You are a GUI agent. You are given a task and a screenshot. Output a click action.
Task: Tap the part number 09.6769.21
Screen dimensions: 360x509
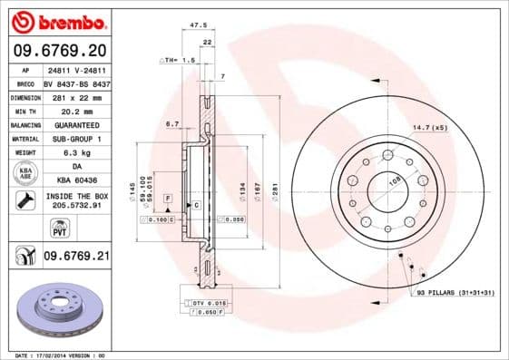point(76,257)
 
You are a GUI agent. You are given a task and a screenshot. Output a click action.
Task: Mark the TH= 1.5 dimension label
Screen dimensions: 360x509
point(178,59)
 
